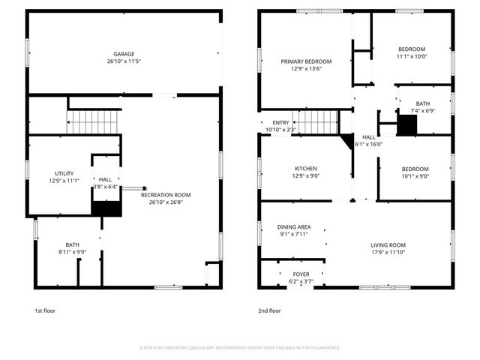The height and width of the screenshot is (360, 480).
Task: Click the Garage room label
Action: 124,54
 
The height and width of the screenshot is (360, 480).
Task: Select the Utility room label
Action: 64,173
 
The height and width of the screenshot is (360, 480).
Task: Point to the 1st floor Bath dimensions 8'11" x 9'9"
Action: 72,252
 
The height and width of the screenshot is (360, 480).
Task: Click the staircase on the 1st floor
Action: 94,121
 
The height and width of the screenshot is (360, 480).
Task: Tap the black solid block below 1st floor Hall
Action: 106,209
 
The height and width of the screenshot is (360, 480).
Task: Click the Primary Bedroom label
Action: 306,61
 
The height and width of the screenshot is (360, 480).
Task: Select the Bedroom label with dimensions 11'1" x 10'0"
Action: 411,49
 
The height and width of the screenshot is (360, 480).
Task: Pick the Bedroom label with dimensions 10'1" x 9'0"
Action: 414,169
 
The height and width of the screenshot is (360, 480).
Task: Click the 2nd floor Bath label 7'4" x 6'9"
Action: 423,104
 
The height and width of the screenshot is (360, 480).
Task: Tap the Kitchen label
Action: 305,169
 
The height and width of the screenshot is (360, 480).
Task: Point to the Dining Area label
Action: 294,226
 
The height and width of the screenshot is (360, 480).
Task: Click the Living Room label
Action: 388,245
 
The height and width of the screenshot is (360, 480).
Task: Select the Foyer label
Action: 301,274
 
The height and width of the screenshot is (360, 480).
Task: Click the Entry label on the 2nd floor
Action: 280,123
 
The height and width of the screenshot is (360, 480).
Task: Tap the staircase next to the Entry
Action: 319,121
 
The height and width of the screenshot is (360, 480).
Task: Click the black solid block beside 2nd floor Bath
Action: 406,126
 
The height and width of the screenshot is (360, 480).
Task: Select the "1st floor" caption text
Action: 45,310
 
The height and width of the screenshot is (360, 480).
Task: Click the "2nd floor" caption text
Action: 269,310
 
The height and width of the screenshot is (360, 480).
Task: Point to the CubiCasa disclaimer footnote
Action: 240,348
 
